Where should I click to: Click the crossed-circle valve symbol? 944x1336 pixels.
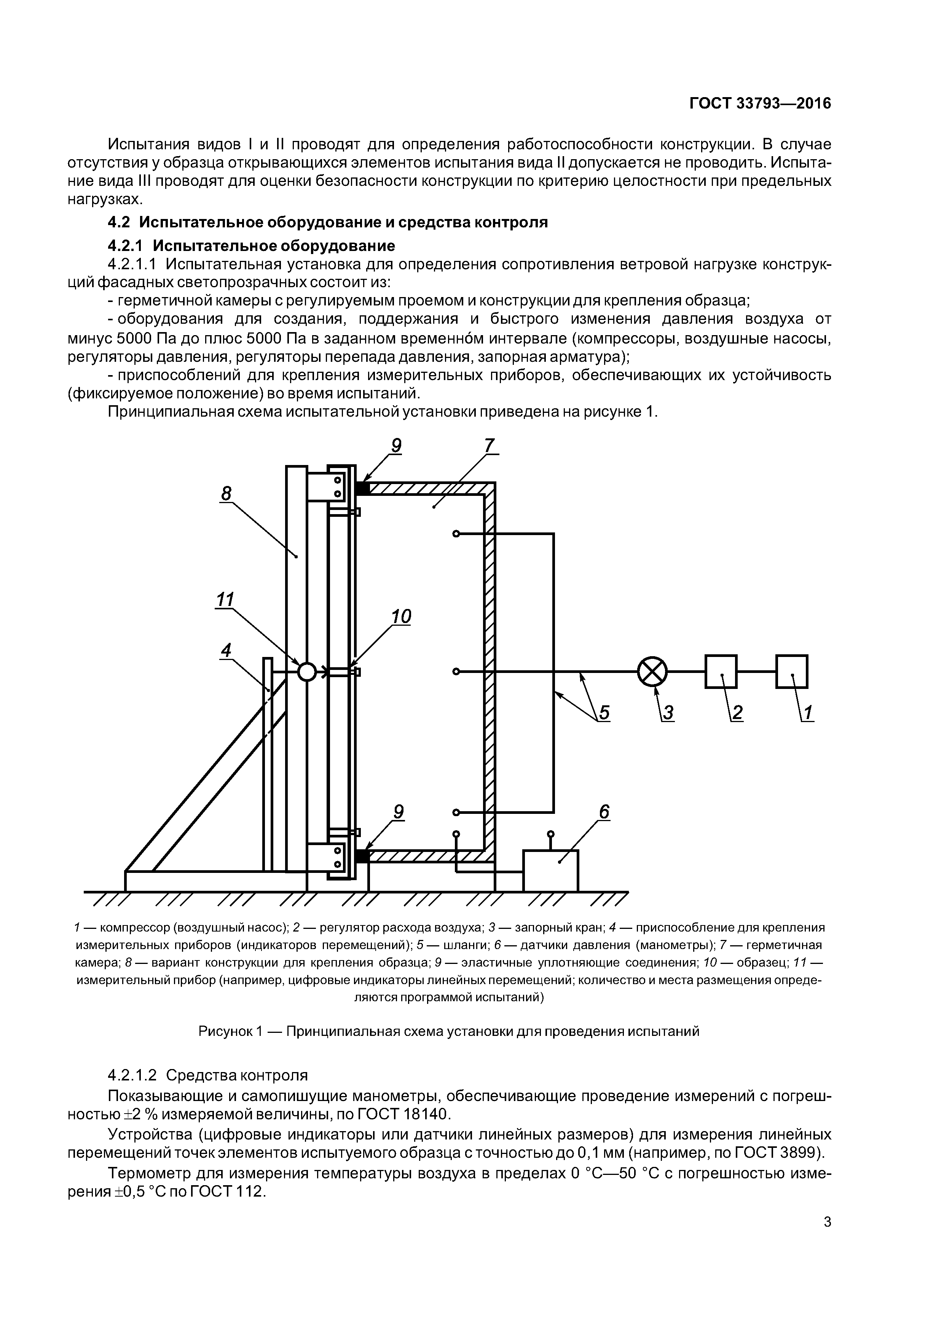pos(652,672)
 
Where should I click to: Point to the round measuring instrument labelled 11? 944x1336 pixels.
pos(306,672)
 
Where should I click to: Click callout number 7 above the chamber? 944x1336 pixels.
pos(489,446)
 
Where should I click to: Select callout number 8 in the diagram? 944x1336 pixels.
pos(226,494)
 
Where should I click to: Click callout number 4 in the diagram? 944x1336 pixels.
pos(226,650)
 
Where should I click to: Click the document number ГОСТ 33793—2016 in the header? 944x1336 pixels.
pos(760,104)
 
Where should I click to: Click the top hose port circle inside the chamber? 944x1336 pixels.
pos(456,534)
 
